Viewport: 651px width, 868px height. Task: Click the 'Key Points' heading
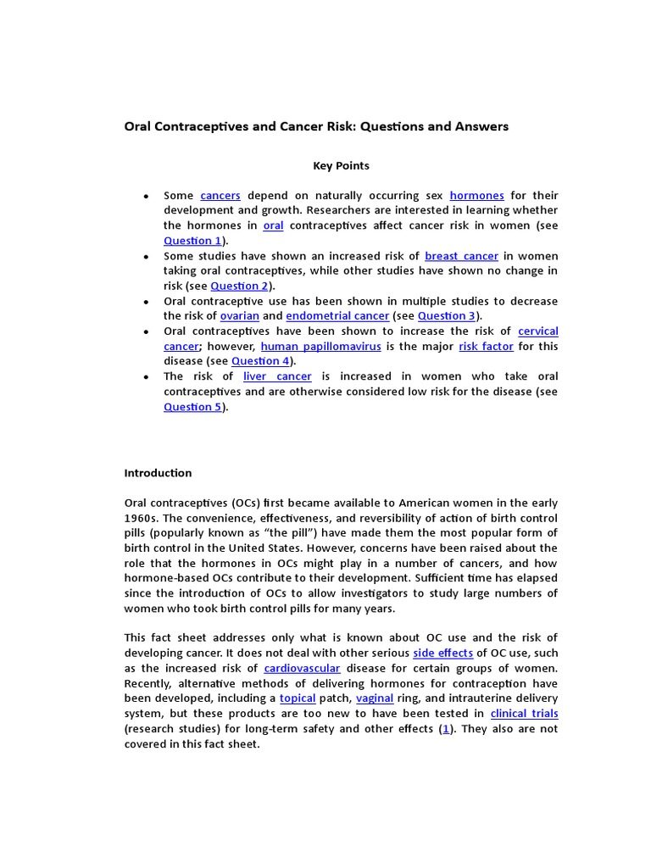coord(341,166)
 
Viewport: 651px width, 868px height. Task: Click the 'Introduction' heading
coord(158,473)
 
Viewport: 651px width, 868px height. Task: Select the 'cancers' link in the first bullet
coord(220,196)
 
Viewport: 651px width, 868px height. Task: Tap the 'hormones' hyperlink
coord(476,196)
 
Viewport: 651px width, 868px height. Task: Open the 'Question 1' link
coord(192,242)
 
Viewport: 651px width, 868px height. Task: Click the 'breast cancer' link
coord(461,256)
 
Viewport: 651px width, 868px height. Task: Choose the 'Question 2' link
coord(239,287)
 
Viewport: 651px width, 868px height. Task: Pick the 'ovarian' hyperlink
coord(240,316)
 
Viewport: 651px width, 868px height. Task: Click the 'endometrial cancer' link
coord(337,316)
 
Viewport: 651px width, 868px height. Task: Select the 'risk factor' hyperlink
coord(486,347)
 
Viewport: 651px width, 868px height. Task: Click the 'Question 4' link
coord(260,361)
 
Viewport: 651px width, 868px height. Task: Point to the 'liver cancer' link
coord(277,376)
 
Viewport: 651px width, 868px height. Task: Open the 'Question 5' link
coord(192,407)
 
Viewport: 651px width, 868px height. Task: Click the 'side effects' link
coord(442,654)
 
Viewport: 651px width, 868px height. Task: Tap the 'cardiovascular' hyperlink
coord(302,669)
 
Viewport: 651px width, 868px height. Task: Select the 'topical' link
coord(298,698)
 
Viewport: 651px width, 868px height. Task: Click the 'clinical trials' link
coord(524,714)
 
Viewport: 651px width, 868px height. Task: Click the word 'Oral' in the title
coord(139,126)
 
